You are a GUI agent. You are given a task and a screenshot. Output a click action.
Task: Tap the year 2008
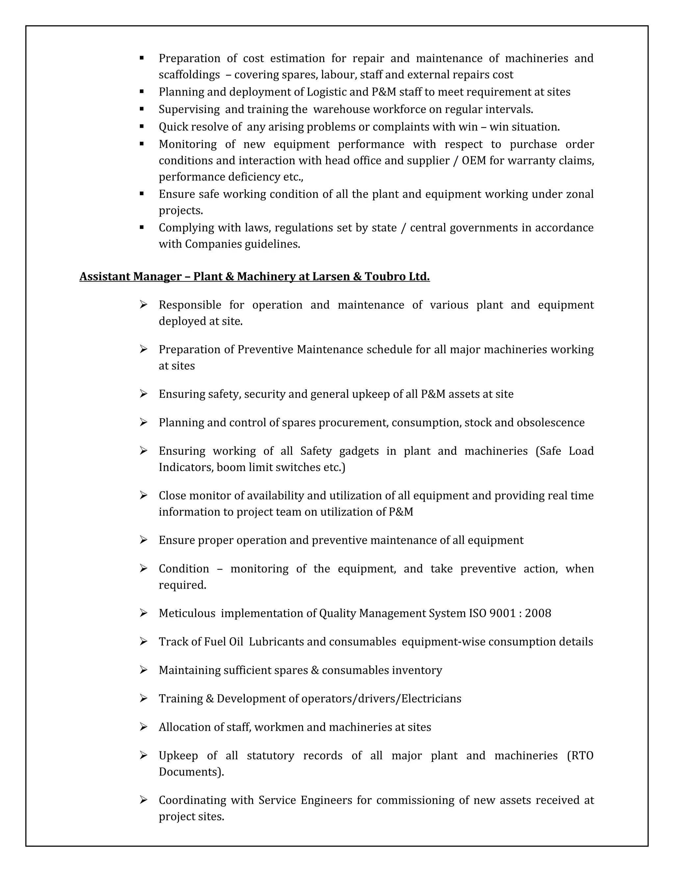(x=538, y=613)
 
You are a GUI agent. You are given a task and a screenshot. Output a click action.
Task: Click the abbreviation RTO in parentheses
(x=582, y=756)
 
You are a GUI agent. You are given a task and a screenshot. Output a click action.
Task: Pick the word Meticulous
(x=187, y=613)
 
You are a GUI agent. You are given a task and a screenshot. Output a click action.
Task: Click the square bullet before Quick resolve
(x=142, y=126)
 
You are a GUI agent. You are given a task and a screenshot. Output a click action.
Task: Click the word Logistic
(x=326, y=92)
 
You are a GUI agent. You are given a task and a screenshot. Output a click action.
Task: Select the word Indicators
(x=186, y=467)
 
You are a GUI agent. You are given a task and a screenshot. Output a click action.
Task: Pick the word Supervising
(x=189, y=109)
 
